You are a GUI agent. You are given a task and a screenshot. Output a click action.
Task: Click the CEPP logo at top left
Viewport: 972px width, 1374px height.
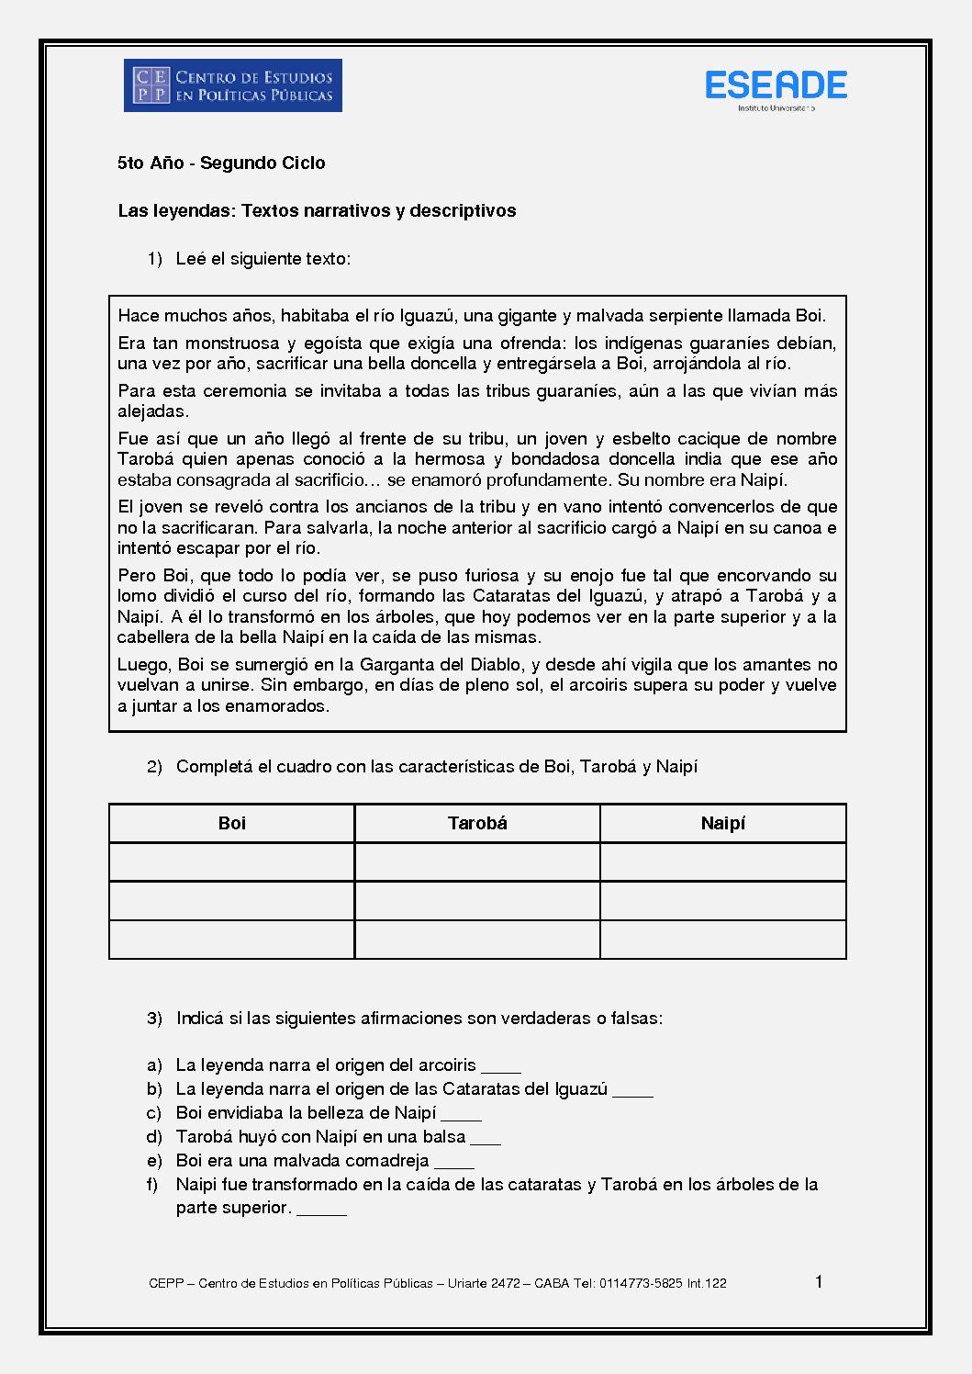233,85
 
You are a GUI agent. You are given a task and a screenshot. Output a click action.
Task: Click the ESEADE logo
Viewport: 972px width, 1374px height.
776,86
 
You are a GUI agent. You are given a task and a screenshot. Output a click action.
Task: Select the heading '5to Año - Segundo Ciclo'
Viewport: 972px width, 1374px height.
221,163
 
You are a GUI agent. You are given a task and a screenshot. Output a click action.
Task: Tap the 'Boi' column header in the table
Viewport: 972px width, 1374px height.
232,823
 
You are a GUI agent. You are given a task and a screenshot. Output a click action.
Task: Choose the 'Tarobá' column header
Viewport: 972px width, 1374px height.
477,823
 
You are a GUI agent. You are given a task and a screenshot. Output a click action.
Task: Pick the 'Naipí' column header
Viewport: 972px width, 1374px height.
723,823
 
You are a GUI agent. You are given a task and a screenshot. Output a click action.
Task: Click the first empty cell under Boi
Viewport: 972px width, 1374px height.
232,862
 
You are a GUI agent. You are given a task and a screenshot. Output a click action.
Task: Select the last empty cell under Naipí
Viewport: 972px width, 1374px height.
723,940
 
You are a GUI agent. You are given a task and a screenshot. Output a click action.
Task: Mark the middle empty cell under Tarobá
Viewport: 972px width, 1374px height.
477,901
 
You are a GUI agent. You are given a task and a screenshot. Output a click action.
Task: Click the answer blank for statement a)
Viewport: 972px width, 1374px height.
501,1067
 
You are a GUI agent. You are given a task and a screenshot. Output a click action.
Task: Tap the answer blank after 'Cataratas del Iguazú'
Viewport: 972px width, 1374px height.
633,1091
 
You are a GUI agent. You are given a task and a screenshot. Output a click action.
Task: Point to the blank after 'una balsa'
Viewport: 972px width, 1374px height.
486,1139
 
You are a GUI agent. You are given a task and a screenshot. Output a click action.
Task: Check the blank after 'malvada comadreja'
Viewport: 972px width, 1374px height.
454,1163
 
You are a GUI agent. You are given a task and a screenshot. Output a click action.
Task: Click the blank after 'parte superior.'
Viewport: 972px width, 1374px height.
322,1210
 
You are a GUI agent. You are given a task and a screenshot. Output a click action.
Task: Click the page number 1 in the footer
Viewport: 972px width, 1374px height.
819,1281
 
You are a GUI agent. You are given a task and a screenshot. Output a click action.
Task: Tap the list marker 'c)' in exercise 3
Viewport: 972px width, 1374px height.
154,1113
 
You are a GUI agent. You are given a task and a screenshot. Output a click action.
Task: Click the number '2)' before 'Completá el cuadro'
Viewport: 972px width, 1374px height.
154,767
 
